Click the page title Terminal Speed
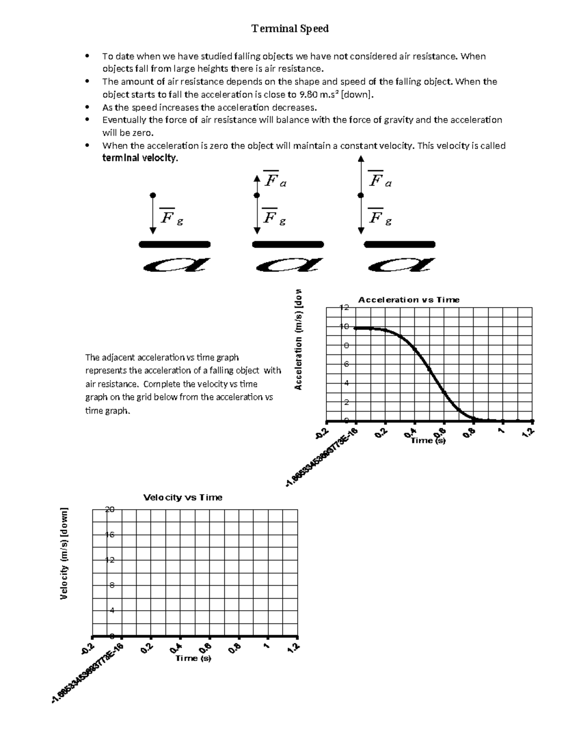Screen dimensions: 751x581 (290, 29)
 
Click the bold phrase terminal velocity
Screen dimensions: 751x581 (140, 158)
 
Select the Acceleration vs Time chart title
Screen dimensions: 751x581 (409, 300)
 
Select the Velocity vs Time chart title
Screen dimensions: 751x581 (183, 498)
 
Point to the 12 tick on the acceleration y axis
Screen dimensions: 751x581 (344, 308)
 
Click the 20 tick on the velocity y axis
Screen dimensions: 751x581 (110, 509)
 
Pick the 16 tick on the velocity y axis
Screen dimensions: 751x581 (110, 535)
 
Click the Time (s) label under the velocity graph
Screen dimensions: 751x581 (193, 658)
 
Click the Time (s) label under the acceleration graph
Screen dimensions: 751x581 (428, 441)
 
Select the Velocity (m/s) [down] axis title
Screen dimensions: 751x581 (64, 554)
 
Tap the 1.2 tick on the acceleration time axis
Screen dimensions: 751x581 (528, 432)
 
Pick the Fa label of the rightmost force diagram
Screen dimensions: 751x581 (380, 181)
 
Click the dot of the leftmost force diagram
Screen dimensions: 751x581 (153, 195)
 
